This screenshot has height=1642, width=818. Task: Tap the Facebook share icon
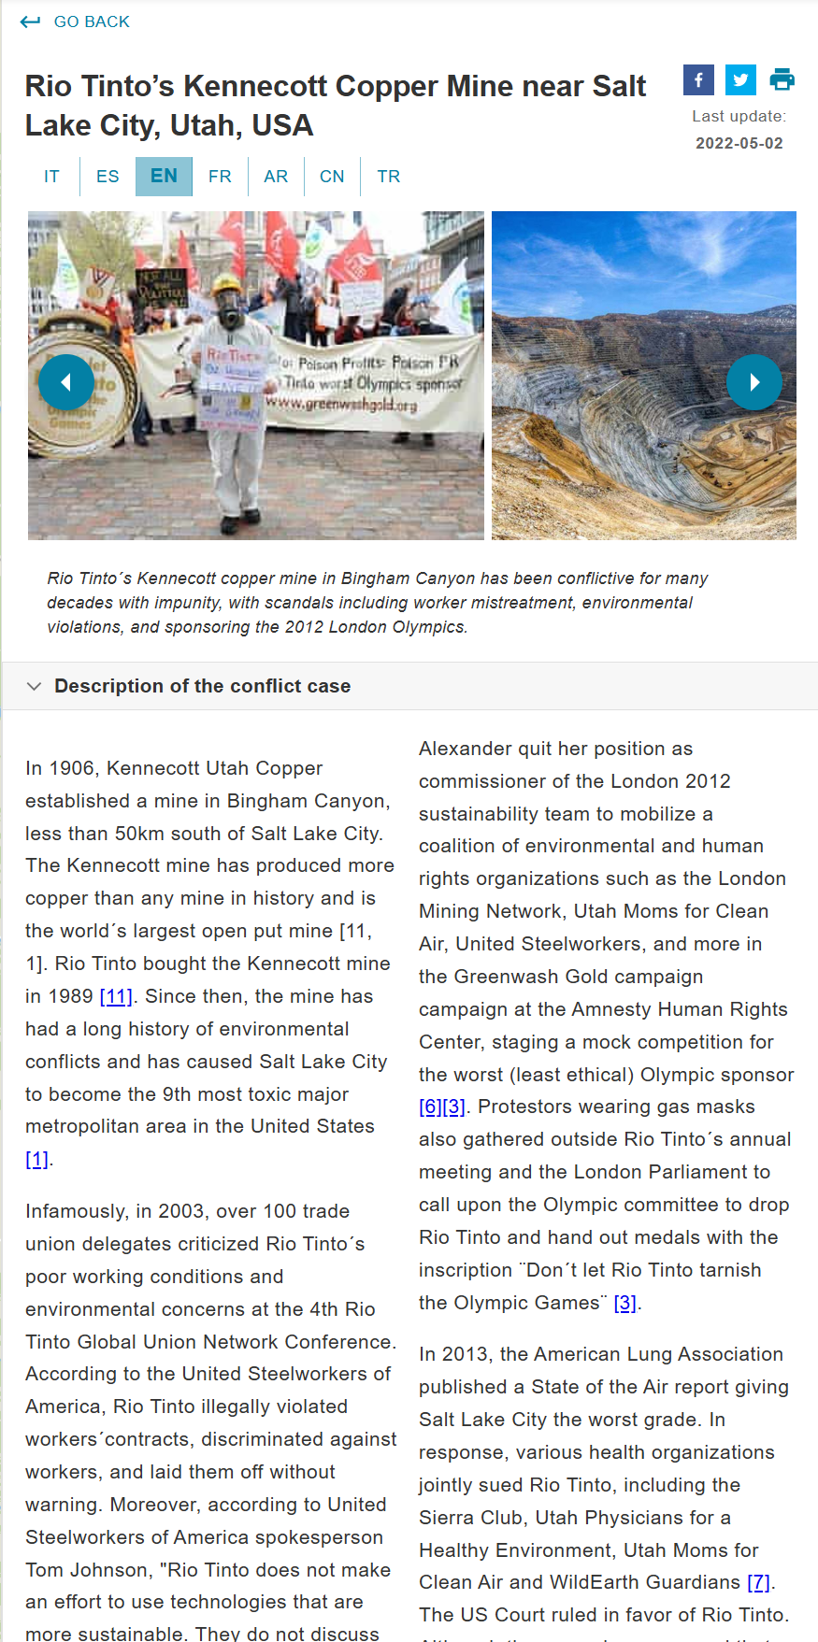(698, 80)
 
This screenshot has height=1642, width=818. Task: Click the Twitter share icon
(740, 80)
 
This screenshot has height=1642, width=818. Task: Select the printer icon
(782, 80)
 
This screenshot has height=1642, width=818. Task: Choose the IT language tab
(51, 177)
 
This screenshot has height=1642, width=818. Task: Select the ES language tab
(108, 177)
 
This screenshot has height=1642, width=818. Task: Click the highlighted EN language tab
(164, 177)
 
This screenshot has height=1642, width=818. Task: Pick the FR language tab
(220, 177)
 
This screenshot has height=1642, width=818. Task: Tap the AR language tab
(276, 177)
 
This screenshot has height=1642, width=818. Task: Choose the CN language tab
(332, 177)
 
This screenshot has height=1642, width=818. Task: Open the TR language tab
(389, 177)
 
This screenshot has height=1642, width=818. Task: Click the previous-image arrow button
(66, 382)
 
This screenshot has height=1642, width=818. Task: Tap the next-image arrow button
(754, 382)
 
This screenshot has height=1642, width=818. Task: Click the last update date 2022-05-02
(739, 143)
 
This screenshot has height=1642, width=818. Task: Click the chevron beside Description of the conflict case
(35, 686)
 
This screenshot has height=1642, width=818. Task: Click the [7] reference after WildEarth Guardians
(758, 1582)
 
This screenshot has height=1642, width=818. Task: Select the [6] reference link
(430, 1107)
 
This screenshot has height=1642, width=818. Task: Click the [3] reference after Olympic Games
(624, 1303)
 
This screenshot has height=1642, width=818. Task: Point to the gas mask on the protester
(229, 306)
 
